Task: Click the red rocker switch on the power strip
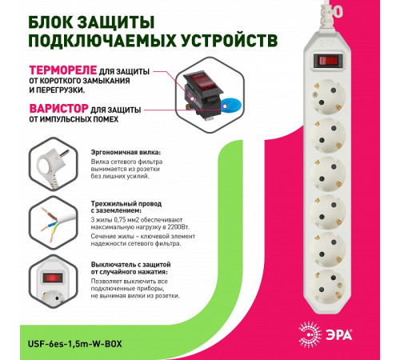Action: (x=327, y=59)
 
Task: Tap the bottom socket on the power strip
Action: (x=330, y=286)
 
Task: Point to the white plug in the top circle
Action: (x=49, y=163)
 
